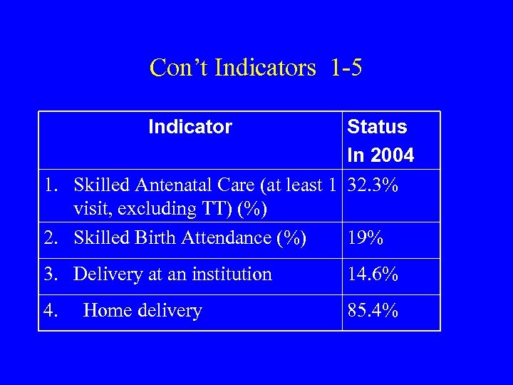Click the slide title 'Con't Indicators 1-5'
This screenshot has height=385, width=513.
[x=256, y=68]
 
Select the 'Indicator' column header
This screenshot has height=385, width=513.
[x=190, y=127]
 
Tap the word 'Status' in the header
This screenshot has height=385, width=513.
[x=377, y=127]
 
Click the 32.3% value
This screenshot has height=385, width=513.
[x=373, y=185]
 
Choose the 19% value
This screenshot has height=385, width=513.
[x=366, y=238]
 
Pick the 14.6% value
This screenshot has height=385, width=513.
[x=373, y=274]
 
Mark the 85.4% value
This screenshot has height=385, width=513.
[x=373, y=311]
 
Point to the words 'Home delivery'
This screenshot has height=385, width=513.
[x=142, y=311]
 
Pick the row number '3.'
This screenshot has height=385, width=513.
[x=50, y=274]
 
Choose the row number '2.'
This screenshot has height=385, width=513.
[x=50, y=238]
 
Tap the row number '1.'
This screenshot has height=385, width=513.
[x=50, y=185]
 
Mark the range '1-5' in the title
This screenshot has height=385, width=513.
[x=346, y=68]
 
